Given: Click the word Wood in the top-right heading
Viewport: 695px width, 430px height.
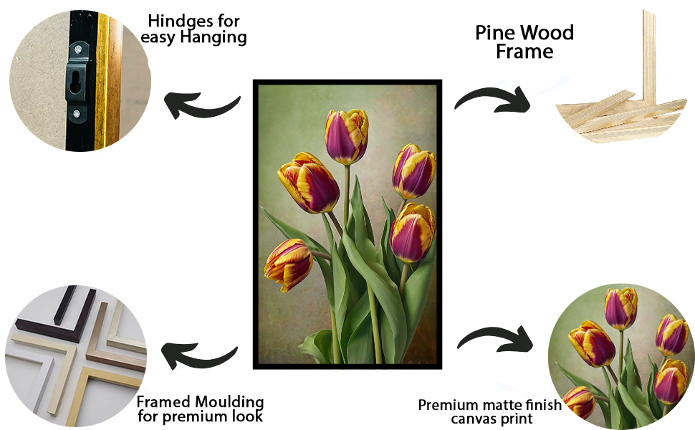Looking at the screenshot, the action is [546, 32].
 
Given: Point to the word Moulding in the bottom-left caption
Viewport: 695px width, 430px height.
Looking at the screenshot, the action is [231, 402].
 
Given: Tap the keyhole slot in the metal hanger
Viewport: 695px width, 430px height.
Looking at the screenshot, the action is [76, 82].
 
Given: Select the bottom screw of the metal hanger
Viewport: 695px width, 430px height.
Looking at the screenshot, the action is [77, 114].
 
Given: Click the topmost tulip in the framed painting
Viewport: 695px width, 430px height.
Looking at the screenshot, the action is [347, 135].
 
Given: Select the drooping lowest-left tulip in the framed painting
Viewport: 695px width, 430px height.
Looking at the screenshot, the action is [289, 264].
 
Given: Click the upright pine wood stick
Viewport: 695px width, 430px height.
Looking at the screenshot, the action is [649, 57].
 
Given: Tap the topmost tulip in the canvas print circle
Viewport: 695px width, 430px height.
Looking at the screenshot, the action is [620, 308].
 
